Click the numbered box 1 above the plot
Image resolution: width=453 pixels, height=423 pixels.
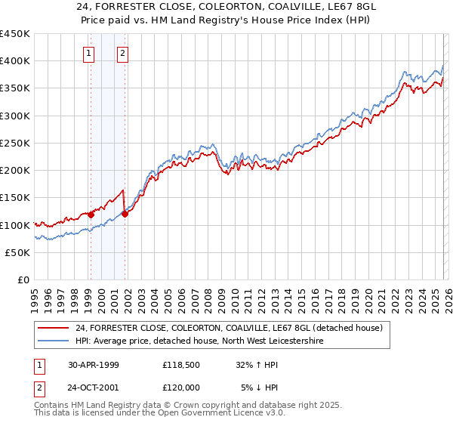point(90,53)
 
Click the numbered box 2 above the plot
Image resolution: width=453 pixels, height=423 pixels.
point(122,53)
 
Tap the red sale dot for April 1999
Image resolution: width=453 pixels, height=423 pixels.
point(91,215)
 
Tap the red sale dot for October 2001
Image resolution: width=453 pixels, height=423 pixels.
point(125,214)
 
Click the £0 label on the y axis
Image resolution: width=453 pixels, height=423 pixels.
point(24,280)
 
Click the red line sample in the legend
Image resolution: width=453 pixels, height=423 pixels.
point(53,328)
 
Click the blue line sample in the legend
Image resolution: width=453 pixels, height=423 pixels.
point(53,341)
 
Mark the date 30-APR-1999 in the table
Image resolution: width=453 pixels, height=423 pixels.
point(94,365)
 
